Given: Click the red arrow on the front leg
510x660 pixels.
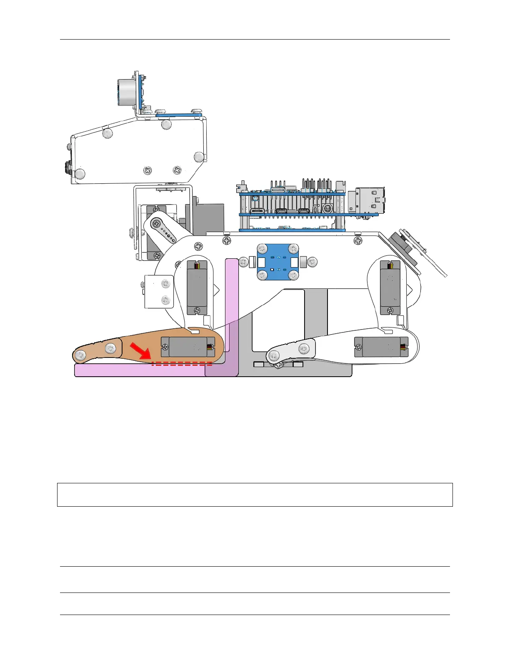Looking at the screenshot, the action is click(x=140, y=350).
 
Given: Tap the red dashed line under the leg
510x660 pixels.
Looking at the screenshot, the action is click(x=182, y=363).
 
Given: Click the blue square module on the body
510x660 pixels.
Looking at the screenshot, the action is click(x=278, y=262).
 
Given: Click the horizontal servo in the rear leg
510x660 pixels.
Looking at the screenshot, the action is click(x=381, y=347).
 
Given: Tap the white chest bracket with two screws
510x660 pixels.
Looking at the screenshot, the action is click(x=159, y=292).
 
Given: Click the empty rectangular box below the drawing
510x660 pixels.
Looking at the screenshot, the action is click(x=255, y=495).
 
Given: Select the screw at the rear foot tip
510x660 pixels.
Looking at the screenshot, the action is click(x=274, y=355).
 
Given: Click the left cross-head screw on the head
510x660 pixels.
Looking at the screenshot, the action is click(x=147, y=170).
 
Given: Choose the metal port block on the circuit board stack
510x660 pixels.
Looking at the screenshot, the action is click(x=370, y=202).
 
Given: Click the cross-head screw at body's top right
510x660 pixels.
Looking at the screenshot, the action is click(x=358, y=241).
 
